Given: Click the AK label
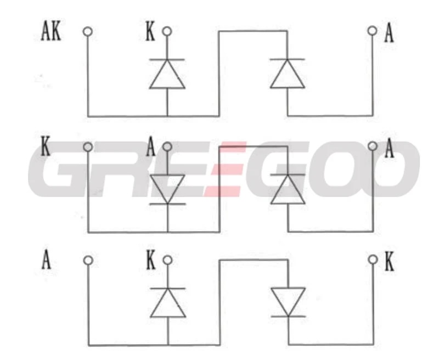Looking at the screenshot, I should [51, 32].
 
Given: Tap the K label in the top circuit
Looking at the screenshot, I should [150, 32].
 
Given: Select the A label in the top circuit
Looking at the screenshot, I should [389, 33].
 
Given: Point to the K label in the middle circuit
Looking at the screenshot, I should [47, 148].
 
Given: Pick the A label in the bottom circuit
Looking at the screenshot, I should [47, 261].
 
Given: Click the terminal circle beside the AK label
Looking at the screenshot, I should [87, 31].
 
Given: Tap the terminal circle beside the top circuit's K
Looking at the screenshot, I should [167, 31].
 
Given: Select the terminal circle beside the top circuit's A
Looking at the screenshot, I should [373, 31].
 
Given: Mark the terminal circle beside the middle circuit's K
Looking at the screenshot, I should [87, 147].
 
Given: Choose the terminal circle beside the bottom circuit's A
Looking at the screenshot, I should [87, 260].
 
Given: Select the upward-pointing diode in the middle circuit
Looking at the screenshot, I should [288, 189].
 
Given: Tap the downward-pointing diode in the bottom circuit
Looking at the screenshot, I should [288, 302].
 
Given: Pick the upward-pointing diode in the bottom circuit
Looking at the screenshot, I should [167, 302].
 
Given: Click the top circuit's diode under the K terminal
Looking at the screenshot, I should [167, 74].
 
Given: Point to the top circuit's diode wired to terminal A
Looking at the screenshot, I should [288, 74].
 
